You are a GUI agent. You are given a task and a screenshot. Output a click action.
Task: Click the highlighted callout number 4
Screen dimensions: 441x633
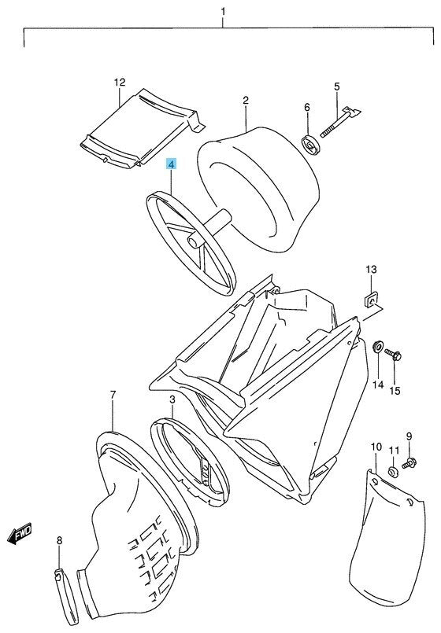[171, 164]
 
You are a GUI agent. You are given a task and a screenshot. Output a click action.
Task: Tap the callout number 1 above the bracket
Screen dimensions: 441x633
[223, 12]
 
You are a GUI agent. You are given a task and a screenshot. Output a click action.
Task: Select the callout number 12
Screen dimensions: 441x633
[120, 83]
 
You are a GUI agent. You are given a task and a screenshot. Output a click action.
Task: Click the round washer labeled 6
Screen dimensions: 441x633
[312, 145]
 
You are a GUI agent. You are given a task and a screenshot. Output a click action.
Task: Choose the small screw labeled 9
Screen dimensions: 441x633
[409, 463]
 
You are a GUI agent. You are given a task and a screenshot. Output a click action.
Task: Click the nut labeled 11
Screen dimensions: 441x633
[392, 471]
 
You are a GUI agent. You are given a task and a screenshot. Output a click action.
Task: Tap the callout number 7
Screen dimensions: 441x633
[113, 395]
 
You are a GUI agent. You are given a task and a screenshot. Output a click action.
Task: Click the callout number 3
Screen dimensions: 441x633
[172, 400]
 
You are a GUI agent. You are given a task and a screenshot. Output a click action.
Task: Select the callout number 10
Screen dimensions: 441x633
[376, 447]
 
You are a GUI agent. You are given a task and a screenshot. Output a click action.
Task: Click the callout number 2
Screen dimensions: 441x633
[246, 100]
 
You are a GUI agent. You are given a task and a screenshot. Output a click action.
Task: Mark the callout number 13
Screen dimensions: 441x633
[371, 269]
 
